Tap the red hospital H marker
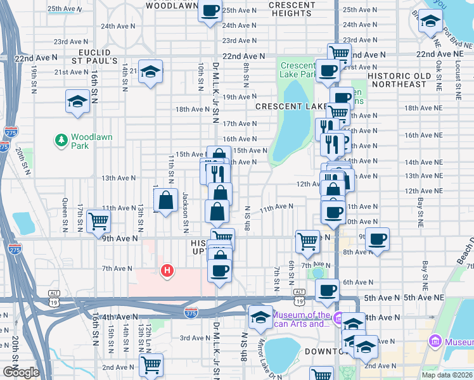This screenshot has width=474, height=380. coord(167,270)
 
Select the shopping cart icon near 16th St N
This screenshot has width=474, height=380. coord(99,221)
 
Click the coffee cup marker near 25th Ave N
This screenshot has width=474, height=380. coord(210,10)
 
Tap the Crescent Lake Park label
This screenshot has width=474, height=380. coord(297,70)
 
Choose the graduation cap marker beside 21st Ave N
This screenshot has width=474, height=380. coord(151,72)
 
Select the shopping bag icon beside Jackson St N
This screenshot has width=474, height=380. coord(165,201)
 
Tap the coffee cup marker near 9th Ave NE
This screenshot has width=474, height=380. coord(377,239)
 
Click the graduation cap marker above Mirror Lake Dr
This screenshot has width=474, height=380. coord(260,317)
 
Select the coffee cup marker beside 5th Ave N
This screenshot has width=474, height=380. coord(327,290)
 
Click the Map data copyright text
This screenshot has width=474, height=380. coord(447,375)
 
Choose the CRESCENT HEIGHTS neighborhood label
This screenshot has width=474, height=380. coord(291,9)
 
